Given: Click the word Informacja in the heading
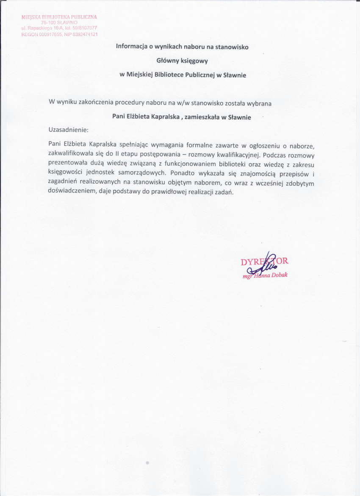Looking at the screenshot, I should tap(131, 47).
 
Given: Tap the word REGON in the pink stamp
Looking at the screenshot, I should tap(30, 34).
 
